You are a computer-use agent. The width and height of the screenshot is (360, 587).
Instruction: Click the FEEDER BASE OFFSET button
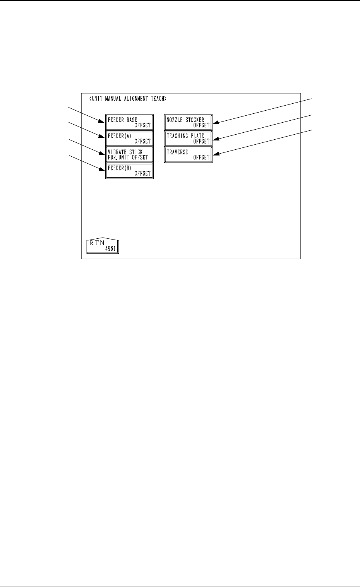[129, 123]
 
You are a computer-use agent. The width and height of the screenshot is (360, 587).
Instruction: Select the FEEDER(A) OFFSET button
[129, 139]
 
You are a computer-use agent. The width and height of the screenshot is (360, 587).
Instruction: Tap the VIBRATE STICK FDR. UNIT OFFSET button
[129, 155]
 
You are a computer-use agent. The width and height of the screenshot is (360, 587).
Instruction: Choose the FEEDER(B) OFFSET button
[129, 171]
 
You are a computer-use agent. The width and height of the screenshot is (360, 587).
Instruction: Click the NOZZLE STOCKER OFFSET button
[188, 123]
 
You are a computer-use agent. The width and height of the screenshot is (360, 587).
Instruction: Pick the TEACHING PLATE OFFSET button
[188, 139]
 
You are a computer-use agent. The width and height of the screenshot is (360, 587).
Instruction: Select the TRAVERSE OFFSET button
[188, 155]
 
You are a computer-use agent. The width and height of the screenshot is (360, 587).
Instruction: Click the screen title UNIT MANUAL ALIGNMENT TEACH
[128, 99]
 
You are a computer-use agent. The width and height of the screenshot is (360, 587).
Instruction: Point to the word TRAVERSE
[177, 152]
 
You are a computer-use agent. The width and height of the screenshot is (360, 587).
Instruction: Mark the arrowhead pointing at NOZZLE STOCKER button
[215, 123]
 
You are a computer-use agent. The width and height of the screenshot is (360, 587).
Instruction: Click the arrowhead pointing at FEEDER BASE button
[103, 120]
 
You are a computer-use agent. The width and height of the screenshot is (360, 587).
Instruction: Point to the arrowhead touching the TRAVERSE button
[215, 155]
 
